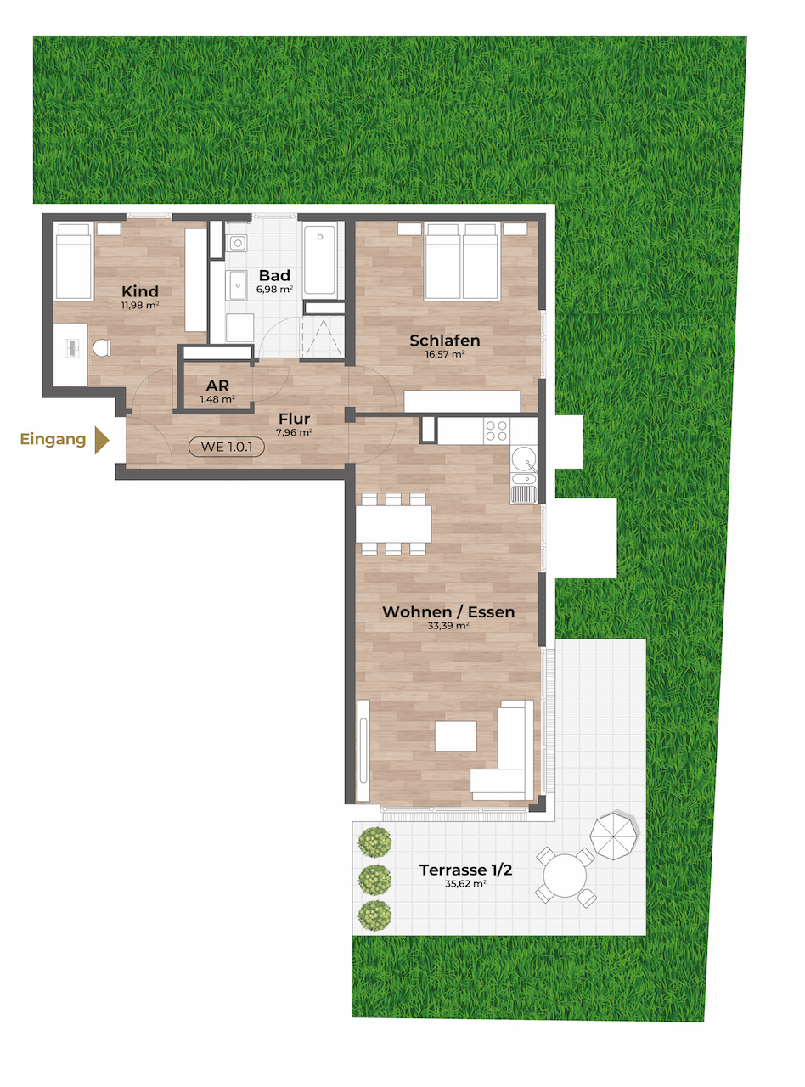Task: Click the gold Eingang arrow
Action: click(x=101, y=440)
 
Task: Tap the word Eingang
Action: click(x=53, y=440)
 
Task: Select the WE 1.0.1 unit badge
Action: click(x=227, y=447)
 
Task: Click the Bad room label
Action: click(x=274, y=275)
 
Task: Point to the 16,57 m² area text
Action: click(x=445, y=354)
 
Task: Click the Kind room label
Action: click(x=140, y=291)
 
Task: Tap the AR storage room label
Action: click(x=217, y=386)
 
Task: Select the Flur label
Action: click(x=294, y=419)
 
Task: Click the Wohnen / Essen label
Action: click(x=448, y=611)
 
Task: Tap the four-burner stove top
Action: click(x=496, y=431)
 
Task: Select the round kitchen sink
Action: click(x=524, y=459)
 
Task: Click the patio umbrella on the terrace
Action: click(x=614, y=836)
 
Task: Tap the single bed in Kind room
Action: click(x=74, y=261)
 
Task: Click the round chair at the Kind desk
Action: click(x=102, y=348)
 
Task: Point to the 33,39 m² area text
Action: click(x=448, y=625)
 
